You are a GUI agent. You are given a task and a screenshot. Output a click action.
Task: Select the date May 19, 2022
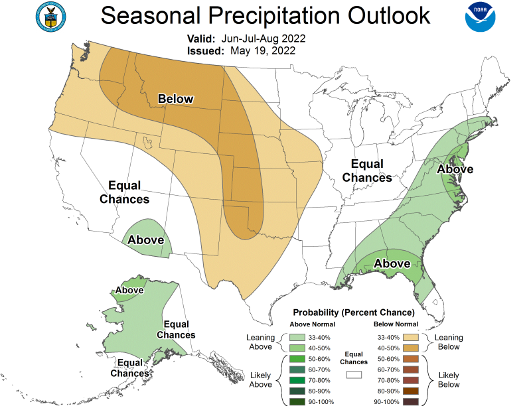(262, 50)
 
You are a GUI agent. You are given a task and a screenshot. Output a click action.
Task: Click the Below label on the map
(175, 100)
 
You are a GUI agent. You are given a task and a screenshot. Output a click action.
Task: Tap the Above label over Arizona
(146, 239)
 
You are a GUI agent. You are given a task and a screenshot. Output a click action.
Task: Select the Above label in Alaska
(129, 290)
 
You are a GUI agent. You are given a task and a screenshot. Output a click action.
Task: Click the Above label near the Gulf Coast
(392, 263)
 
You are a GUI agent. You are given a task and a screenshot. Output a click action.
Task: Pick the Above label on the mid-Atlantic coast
(455, 169)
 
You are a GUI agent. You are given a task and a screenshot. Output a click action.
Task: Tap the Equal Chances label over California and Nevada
(124, 192)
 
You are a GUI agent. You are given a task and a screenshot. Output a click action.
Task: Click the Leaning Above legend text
(260, 342)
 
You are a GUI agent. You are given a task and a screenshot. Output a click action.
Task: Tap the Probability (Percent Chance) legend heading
(354, 312)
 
